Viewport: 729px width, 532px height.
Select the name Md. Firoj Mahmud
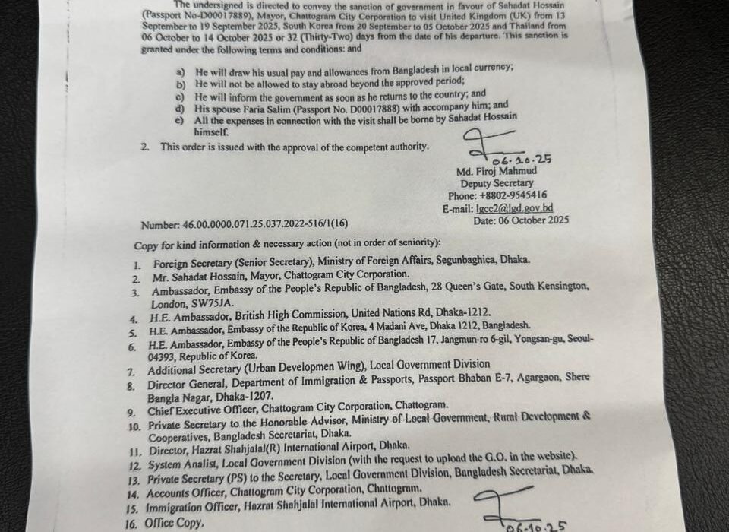496,171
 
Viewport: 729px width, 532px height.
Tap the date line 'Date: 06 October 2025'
521,220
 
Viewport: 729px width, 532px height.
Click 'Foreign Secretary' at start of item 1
192,260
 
